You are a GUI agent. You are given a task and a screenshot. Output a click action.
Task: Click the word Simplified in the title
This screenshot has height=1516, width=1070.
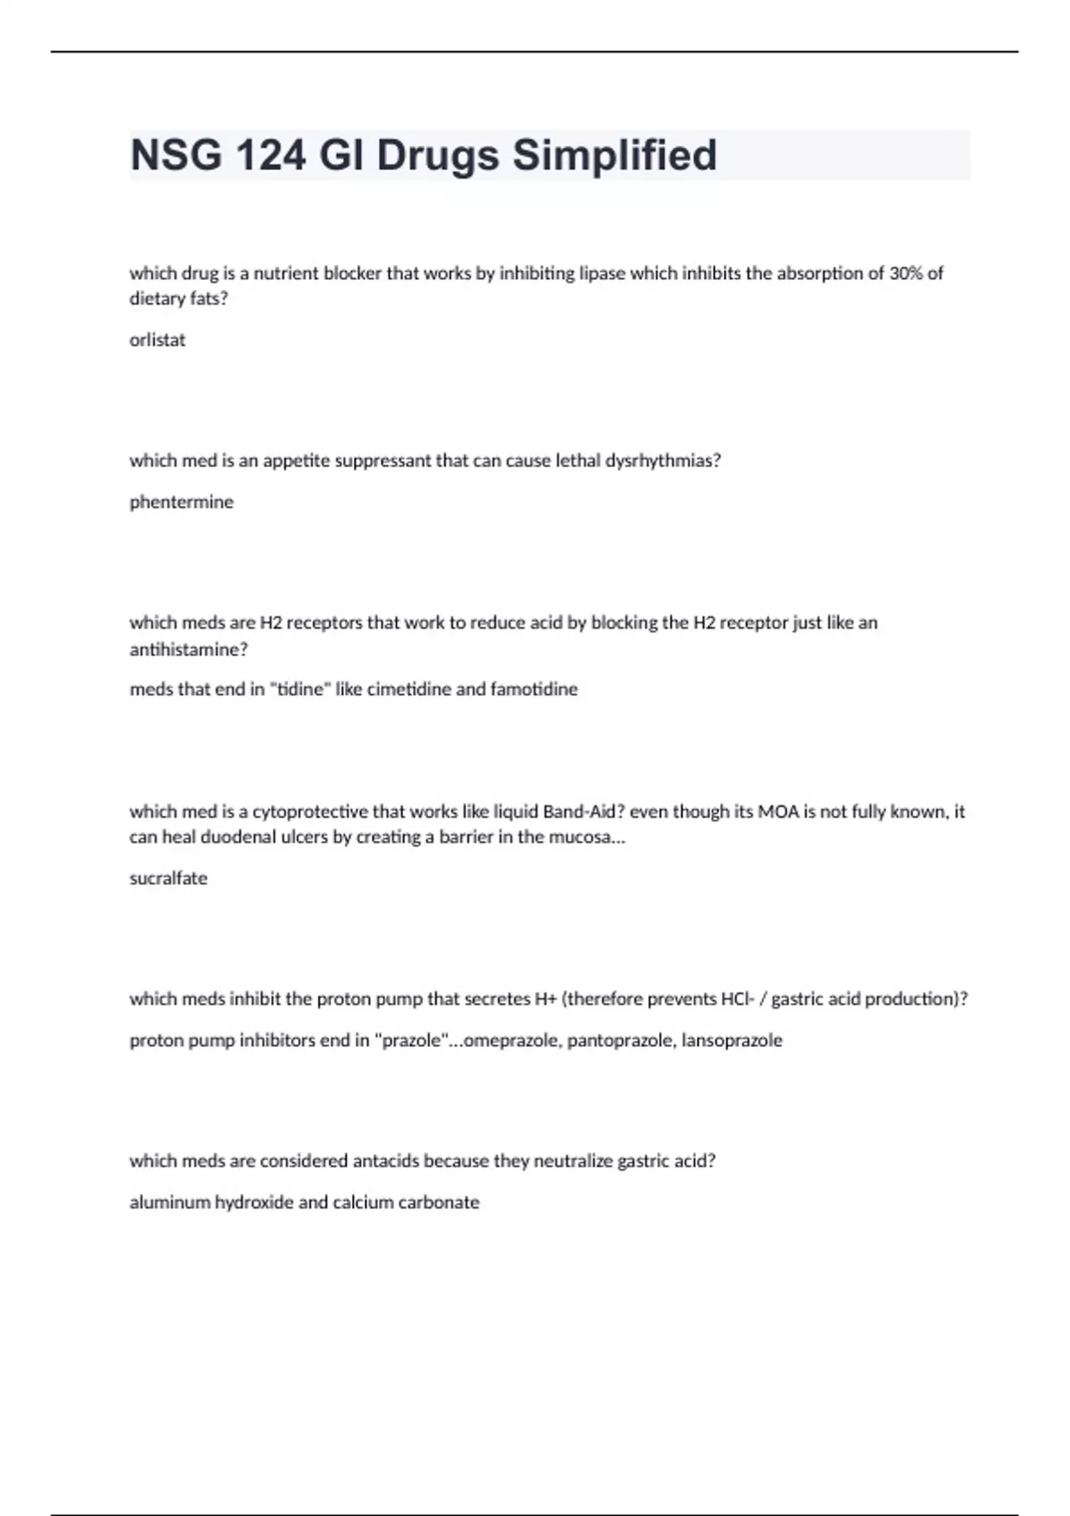point(614,155)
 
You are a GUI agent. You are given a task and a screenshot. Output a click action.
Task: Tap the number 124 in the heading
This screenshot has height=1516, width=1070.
point(271,155)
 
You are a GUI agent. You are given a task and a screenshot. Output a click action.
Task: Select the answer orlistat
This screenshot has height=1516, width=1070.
point(158,340)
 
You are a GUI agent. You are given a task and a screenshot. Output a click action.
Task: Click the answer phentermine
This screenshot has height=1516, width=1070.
point(182,502)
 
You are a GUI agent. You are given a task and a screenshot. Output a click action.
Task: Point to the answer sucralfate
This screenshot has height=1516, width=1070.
point(169,878)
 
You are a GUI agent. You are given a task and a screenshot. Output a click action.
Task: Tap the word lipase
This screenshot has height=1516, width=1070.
point(602,274)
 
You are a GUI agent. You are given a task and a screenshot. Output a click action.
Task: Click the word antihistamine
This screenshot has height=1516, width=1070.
point(188,649)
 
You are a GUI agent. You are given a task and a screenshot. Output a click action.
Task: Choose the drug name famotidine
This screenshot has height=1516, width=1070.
point(533,689)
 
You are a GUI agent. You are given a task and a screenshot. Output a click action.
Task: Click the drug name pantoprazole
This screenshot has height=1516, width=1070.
point(621,1041)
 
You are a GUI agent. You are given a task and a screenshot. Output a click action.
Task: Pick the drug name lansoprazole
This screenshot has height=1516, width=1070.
point(732,1041)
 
